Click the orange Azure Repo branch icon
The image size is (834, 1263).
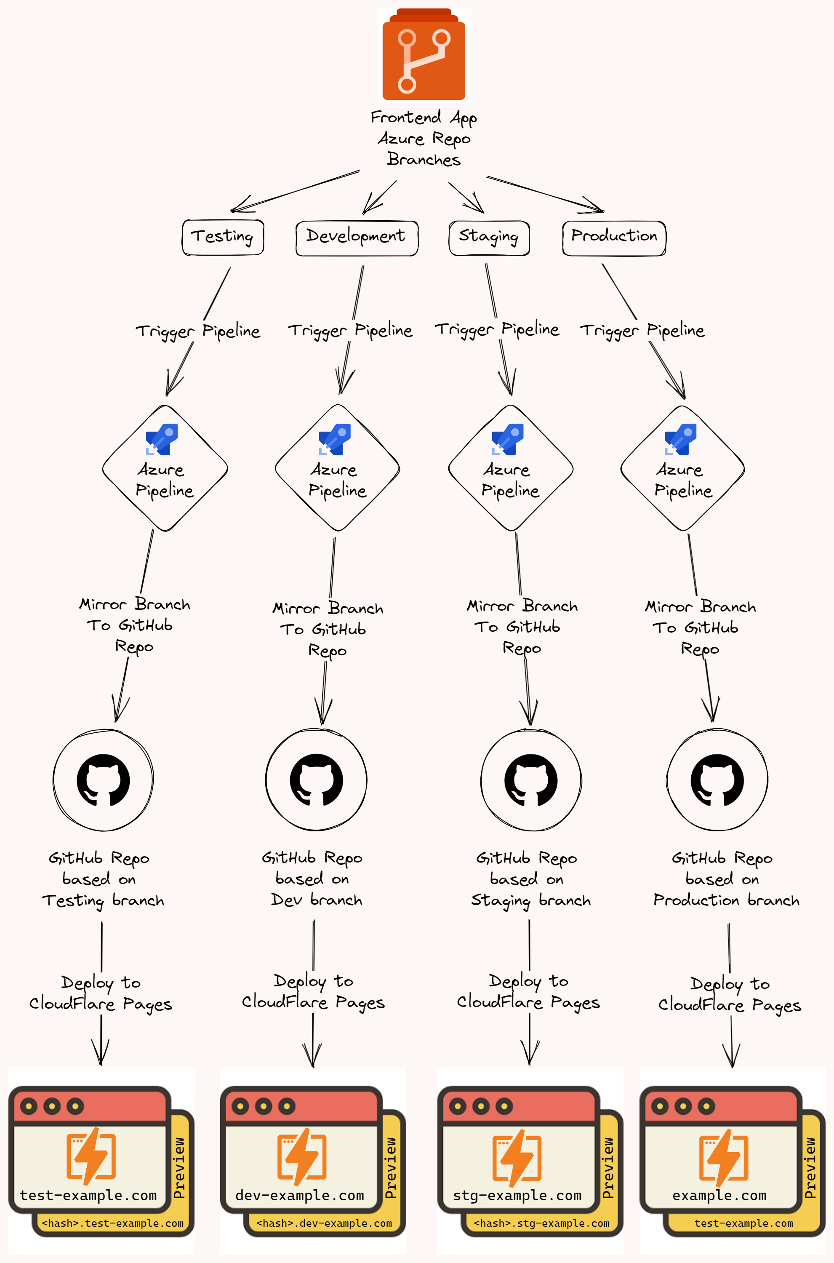tap(424, 54)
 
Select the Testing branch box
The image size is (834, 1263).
tap(223, 237)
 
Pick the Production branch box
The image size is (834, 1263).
tap(614, 238)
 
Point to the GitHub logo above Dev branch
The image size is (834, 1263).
tap(316, 780)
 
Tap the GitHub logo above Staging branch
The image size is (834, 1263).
tap(531, 780)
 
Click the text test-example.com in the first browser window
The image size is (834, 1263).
tap(88, 1196)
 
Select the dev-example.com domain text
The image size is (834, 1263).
tap(300, 1196)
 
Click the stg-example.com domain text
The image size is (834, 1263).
tap(517, 1196)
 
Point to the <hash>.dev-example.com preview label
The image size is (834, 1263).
tap(324, 1223)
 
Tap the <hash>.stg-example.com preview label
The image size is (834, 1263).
tap(541, 1223)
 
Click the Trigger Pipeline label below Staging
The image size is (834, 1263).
tap(497, 330)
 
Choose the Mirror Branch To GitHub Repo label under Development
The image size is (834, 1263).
tap(328, 629)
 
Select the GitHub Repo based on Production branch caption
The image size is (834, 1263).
tap(726, 879)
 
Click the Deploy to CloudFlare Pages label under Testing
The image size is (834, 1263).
tap(101, 993)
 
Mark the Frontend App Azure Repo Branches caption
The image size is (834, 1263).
tap(424, 138)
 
